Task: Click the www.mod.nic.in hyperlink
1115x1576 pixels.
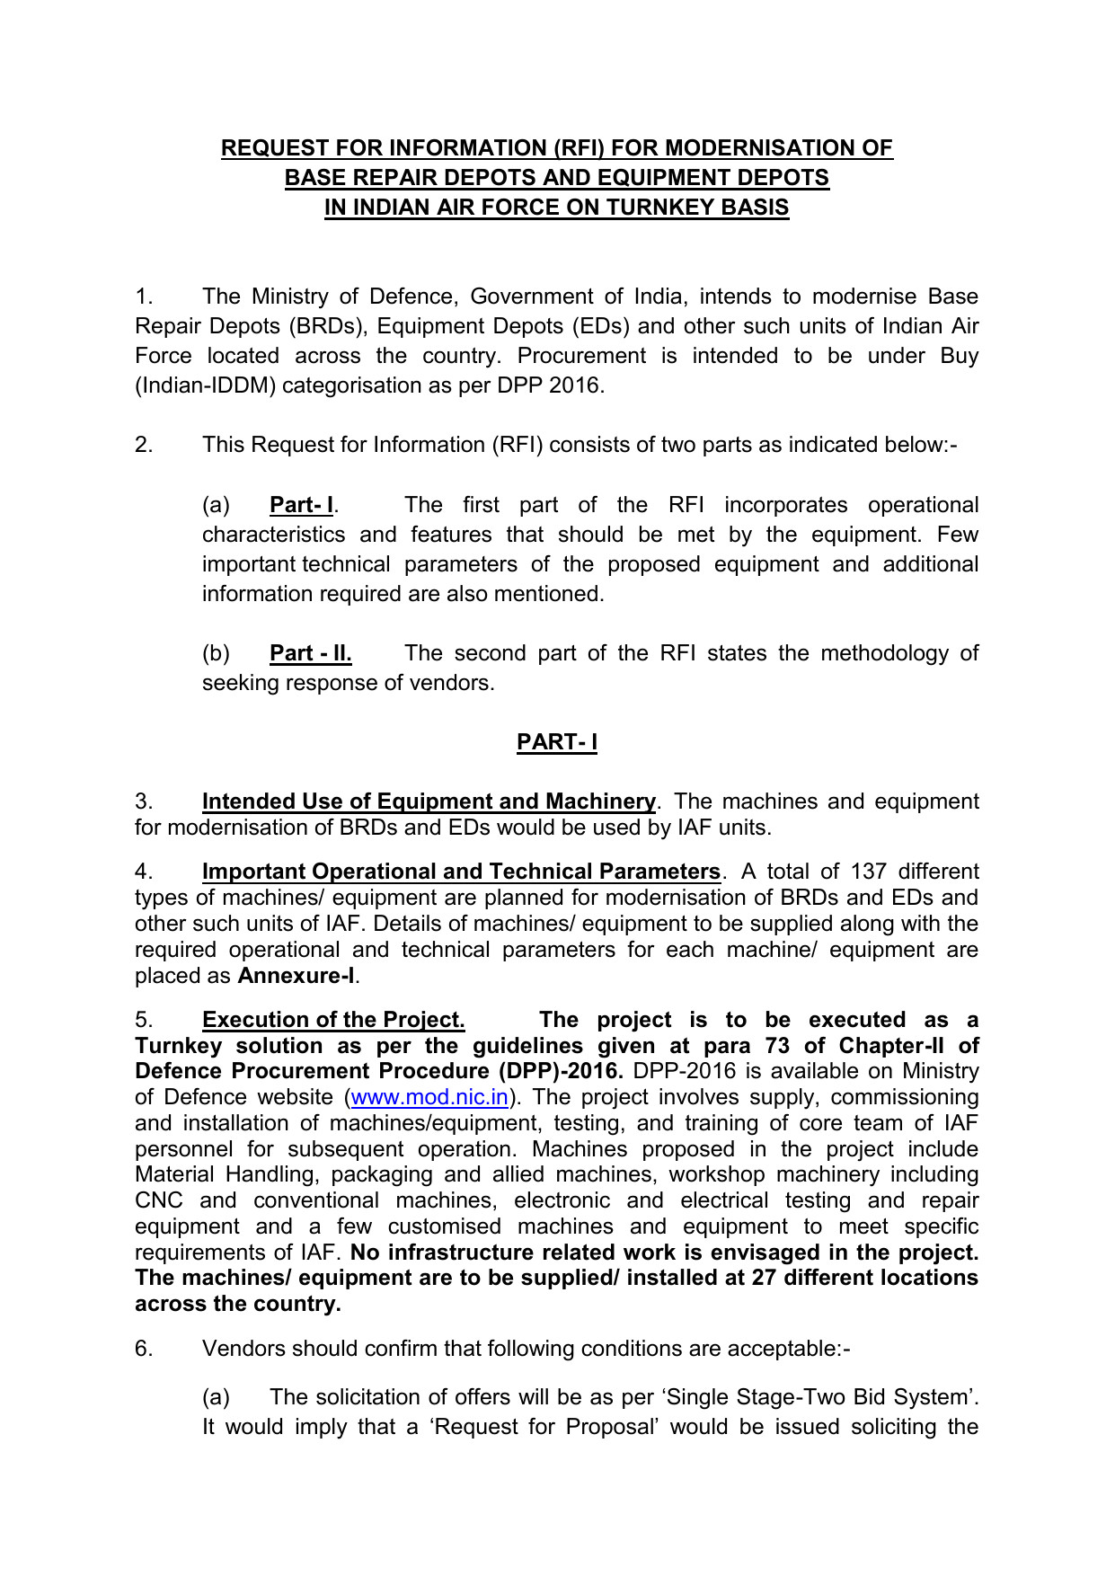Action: pyautogui.click(x=429, y=1097)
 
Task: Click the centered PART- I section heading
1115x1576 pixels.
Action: pyautogui.click(x=557, y=742)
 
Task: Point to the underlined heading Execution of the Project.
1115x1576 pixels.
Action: pyautogui.click(x=333, y=1020)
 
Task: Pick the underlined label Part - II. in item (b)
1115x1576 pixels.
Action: pyautogui.click(x=310, y=653)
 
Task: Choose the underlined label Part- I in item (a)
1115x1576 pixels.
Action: pyautogui.click(x=301, y=505)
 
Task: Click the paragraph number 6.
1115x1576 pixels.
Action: pyautogui.click(x=144, y=1349)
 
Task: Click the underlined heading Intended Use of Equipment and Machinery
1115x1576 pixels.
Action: pyautogui.click(x=429, y=801)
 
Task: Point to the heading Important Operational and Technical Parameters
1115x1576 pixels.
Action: pyautogui.click(x=461, y=872)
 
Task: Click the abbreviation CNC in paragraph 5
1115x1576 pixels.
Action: pyautogui.click(x=159, y=1200)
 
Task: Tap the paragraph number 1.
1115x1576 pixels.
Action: pyautogui.click(x=144, y=297)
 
